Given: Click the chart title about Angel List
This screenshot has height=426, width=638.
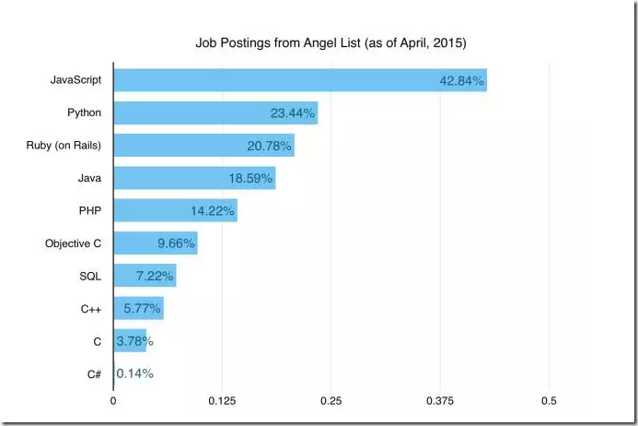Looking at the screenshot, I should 331,43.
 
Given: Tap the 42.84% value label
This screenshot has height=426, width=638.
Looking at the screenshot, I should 461,81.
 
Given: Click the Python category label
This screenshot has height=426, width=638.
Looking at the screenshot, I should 85,113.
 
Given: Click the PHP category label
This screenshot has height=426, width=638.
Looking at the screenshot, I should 89,210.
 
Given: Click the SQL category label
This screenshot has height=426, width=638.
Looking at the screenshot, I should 89,276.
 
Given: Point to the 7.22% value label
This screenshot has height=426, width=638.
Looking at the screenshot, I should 151,276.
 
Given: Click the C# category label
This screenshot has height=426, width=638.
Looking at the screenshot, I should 93,373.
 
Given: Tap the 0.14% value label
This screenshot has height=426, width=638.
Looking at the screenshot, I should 135,373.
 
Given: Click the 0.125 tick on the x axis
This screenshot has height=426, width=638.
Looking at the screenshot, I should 222,401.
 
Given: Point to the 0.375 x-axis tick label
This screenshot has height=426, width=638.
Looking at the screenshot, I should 440,401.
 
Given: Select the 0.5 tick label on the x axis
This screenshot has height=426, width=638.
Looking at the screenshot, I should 549,401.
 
